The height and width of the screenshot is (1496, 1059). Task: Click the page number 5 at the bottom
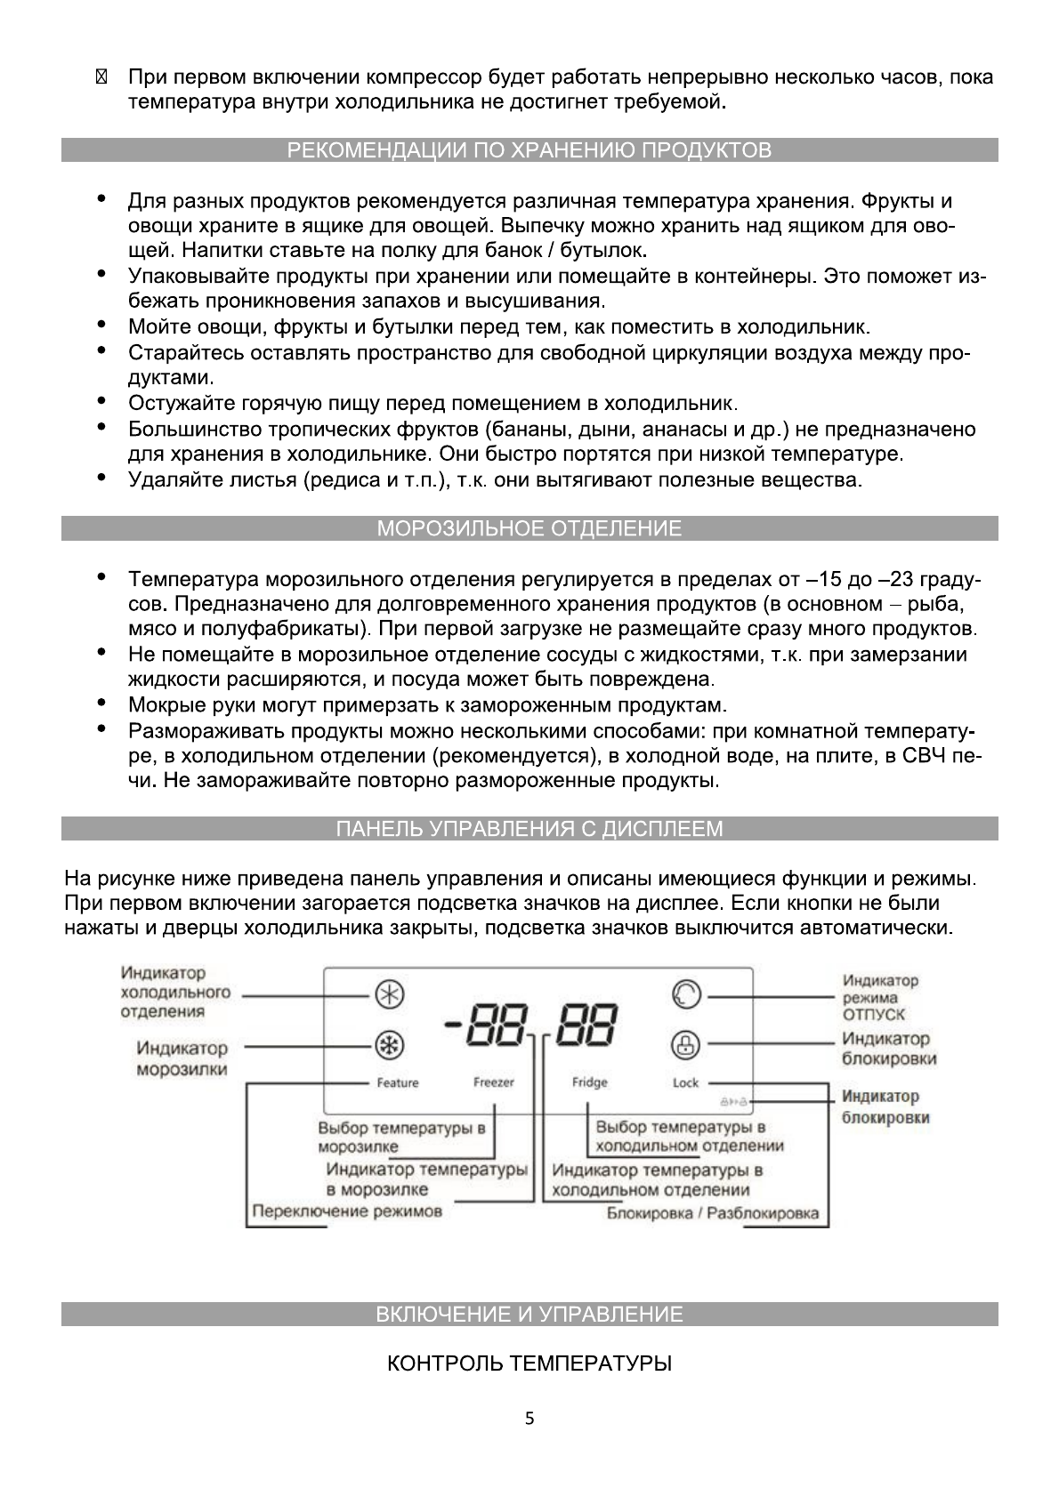click(529, 1420)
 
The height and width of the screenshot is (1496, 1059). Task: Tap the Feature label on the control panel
click(397, 1083)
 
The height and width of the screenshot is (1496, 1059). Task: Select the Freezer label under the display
click(493, 1082)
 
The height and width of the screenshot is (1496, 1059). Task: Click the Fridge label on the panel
click(589, 1082)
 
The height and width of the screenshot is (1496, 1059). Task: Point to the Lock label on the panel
click(686, 1082)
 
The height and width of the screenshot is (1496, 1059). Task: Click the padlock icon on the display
click(685, 1044)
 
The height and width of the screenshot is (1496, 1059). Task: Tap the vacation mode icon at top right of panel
click(686, 994)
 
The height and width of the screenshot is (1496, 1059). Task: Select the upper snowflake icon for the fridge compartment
click(388, 995)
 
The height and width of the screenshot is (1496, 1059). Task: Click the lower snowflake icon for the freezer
click(388, 1045)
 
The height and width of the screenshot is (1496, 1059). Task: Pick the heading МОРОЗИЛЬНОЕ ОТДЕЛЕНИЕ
click(529, 529)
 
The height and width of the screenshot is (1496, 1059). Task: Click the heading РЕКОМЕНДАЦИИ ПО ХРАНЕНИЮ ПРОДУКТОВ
click(529, 150)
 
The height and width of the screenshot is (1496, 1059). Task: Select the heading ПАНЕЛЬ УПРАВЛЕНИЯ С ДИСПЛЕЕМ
click(529, 829)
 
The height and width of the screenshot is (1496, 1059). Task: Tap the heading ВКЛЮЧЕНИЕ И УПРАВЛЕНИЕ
click(529, 1315)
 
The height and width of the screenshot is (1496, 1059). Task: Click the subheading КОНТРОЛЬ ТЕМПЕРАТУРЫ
click(529, 1363)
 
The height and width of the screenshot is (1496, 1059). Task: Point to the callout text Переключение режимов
click(347, 1211)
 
